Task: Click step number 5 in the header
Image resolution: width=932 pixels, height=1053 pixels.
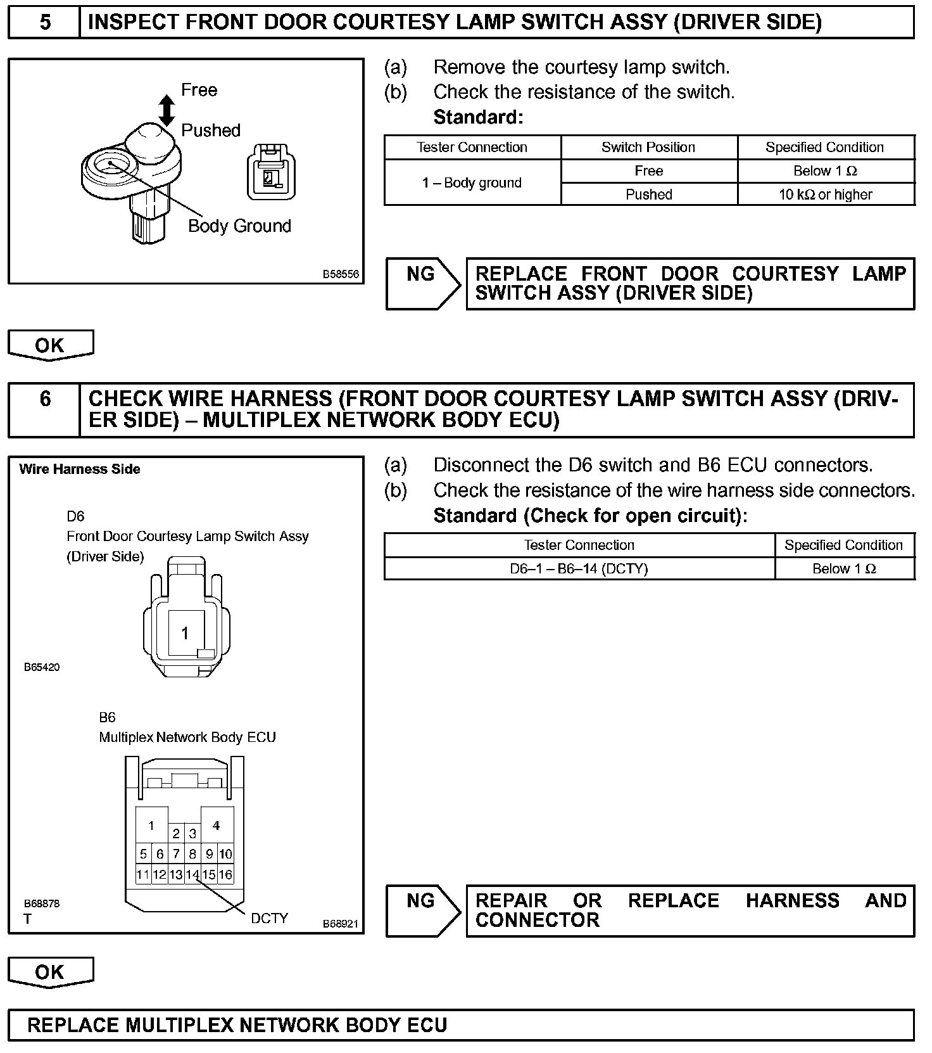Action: tap(45, 23)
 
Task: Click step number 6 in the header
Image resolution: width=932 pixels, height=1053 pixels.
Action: tap(45, 399)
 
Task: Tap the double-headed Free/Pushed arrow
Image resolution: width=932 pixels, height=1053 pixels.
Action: tap(167, 110)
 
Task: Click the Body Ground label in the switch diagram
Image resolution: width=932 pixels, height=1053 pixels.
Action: tap(239, 226)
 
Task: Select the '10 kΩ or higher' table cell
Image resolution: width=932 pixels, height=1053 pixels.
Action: tap(825, 195)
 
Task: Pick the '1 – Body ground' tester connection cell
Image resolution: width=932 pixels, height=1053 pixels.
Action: tap(472, 183)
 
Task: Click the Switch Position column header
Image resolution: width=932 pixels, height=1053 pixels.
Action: tap(648, 148)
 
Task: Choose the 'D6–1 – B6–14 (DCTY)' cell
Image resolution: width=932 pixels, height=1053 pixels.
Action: tap(579, 569)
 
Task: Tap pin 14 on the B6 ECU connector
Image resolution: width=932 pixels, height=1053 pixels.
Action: tap(192, 875)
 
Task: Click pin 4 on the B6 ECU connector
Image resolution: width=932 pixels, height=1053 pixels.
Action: tap(217, 826)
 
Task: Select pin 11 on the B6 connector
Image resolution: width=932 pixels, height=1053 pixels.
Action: tap(143, 875)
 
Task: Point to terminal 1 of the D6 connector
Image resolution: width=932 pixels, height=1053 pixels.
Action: tap(185, 633)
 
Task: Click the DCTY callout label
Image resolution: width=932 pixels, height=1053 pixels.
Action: tap(269, 918)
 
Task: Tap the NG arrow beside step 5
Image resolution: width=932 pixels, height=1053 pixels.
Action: tap(423, 283)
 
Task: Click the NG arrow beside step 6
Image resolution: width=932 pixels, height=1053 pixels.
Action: tap(423, 910)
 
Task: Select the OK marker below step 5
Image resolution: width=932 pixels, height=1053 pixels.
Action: tap(50, 345)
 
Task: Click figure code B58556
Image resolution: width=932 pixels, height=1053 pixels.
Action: tap(341, 274)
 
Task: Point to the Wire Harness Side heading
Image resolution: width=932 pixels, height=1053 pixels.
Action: tap(80, 469)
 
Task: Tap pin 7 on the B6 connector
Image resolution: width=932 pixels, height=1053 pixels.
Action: tap(176, 854)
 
